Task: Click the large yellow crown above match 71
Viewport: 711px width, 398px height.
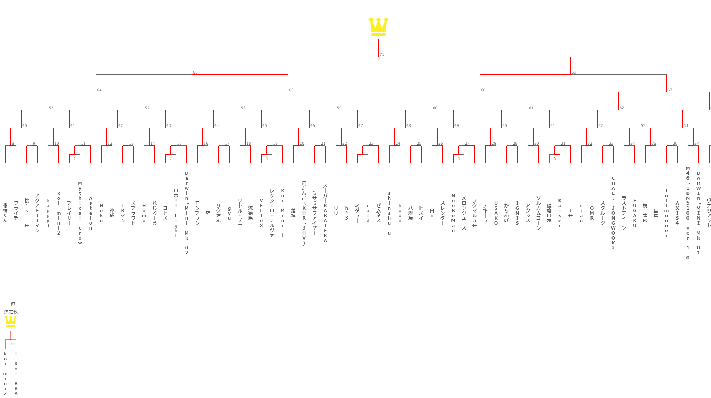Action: click(x=378, y=27)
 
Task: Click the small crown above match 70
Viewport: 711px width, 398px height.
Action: click(x=11, y=321)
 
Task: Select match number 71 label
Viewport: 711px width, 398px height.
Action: click(x=382, y=54)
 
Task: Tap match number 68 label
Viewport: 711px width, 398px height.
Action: click(x=195, y=72)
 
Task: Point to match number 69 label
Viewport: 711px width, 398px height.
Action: click(x=574, y=72)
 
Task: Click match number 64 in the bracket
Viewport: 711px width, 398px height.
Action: click(x=99, y=90)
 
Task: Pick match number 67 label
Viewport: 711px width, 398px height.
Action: click(x=670, y=90)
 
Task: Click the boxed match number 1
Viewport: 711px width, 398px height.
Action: click(x=75, y=159)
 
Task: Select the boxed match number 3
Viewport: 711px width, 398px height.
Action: click(x=267, y=159)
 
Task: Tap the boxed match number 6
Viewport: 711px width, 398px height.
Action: click(x=555, y=159)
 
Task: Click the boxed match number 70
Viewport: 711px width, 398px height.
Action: click(x=12, y=344)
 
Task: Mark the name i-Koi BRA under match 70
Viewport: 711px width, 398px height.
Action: click(x=16, y=373)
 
